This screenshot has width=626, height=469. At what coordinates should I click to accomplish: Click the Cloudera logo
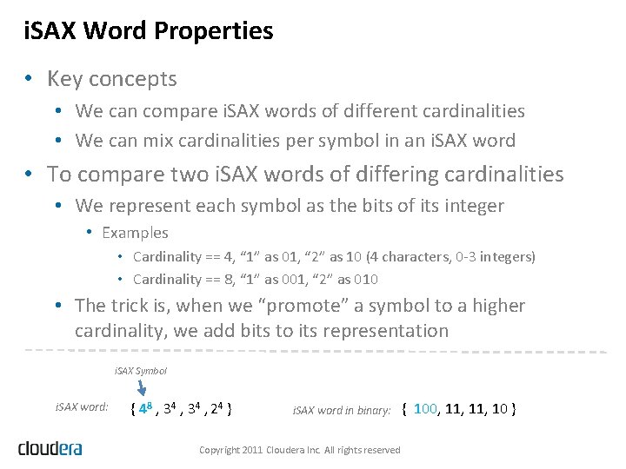[50, 448]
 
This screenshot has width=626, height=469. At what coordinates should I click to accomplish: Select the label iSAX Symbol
[141, 371]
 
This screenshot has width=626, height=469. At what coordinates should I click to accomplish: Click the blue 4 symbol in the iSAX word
[144, 408]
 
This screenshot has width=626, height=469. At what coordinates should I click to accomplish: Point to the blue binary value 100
[426, 408]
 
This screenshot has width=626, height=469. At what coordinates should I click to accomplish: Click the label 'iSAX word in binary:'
[342, 410]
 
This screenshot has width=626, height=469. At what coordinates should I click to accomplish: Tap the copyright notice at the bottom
[300, 450]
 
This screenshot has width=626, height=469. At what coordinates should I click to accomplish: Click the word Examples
[135, 233]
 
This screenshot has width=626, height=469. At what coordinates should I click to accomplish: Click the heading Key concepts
[111, 79]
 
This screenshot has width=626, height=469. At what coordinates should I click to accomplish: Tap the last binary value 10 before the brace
[500, 408]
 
